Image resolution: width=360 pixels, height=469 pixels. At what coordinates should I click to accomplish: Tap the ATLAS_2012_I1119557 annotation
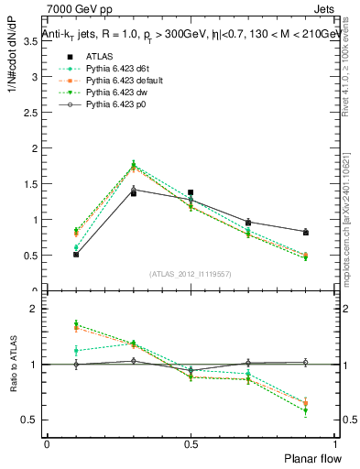tap(191, 274)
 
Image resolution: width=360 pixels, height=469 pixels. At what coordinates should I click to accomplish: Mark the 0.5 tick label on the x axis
tap(191, 443)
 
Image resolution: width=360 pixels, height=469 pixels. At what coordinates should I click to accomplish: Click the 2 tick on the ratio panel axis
tap(35, 309)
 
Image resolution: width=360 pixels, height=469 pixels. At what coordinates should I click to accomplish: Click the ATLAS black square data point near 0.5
tap(191, 192)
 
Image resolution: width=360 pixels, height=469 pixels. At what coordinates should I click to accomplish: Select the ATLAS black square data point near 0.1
tap(75, 254)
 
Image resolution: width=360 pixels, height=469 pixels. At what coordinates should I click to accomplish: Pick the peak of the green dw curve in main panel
tap(133, 165)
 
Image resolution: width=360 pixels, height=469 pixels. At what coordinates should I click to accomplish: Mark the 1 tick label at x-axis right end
tap(335, 443)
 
